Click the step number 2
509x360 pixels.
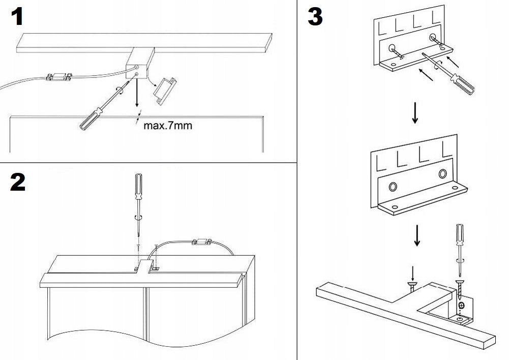tap(17, 182)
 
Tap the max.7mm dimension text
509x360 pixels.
tap(168, 125)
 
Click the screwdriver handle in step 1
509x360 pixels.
tap(87, 119)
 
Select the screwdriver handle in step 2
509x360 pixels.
tap(137, 186)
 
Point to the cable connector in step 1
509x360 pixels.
tap(58, 77)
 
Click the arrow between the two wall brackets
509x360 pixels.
tap(415, 113)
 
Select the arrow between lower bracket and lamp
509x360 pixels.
tap(417, 235)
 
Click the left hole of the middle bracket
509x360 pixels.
tap(393, 187)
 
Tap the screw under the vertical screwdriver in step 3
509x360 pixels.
tap(461, 285)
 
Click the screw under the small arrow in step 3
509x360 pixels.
tap(412, 286)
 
